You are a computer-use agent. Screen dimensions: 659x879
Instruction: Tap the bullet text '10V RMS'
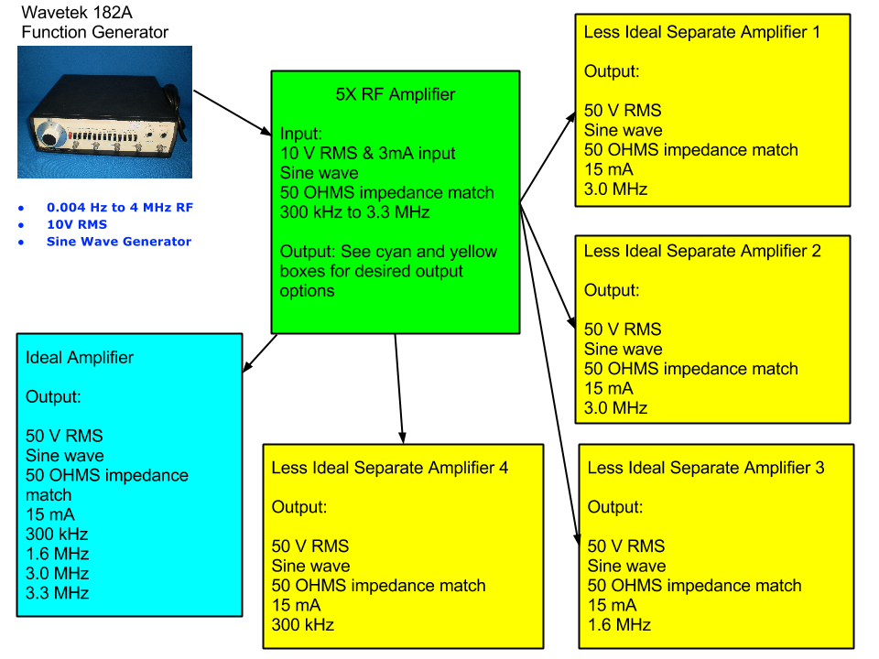tap(76, 224)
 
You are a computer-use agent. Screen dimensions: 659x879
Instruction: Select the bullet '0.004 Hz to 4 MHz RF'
tap(119, 207)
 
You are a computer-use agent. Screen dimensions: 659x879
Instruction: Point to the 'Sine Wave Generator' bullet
tap(118, 242)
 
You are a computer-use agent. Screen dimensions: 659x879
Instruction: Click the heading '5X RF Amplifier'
tap(395, 94)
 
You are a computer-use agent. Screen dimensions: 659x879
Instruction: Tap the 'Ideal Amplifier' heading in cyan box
tap(80, 358)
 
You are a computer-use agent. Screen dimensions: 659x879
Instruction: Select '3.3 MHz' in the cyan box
tap(57, 592)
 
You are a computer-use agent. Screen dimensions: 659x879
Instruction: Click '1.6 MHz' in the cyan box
tap(57, 554)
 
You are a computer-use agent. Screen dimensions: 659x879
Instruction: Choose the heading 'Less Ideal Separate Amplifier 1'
tap(702, 32)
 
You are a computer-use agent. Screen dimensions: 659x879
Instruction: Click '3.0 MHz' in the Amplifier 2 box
tap(615, 408)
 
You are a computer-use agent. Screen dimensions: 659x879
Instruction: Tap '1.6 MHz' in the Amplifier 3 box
tap(619, 624)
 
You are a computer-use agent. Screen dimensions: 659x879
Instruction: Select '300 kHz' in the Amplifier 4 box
tap(302, 624)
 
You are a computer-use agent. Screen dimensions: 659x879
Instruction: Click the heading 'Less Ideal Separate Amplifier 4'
tap(389, 468)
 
